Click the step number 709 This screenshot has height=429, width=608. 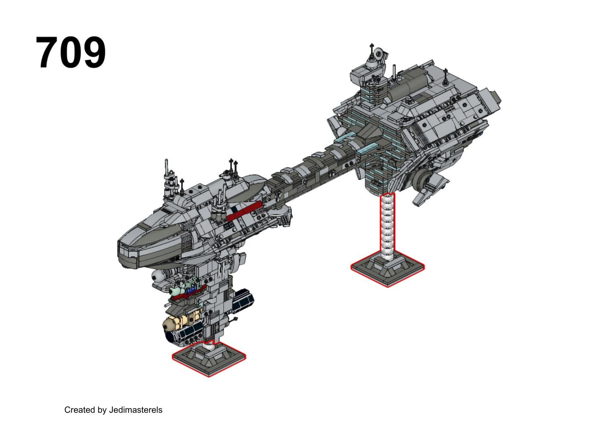click(x=71, y=53)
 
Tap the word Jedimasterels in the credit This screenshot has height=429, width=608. click(x=135, y=410)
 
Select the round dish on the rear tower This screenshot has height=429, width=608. click(x=379, y=54)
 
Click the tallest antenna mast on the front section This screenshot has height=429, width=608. click(x=167, y=170)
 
